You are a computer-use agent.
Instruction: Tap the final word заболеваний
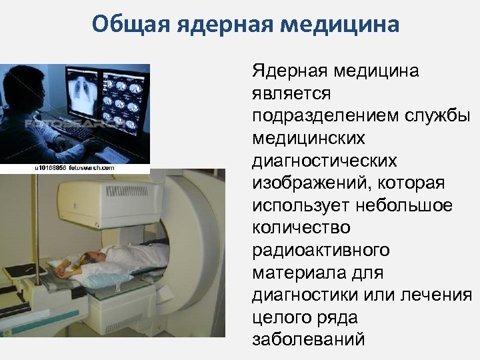(309, 339)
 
